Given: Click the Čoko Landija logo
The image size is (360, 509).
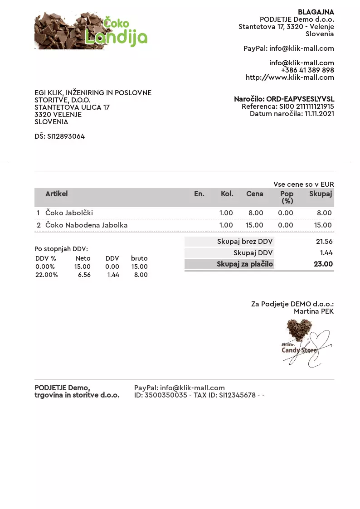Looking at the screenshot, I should tap(91, 30).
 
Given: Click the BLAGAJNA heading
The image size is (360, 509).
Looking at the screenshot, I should tap(316, 12).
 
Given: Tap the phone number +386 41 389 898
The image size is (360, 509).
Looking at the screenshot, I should tap(307, 70).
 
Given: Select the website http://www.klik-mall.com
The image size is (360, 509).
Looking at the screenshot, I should tap(290, 78).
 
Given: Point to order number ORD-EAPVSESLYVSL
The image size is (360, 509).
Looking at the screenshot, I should tap(300, 99).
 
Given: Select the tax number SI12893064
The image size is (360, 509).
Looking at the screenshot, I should tap(66, 136).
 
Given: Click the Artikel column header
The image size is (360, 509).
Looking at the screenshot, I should tap(56, 194).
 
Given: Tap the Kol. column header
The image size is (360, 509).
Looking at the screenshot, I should tap(227, 194).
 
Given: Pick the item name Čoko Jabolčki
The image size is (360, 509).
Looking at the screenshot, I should tap(69, 213).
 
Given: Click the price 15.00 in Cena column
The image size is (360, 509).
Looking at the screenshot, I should tap(254, 225).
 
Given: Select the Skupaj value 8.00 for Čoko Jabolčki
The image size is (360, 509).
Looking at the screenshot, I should tap(324, 213).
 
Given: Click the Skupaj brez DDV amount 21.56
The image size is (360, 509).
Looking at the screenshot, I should tap(324, 242).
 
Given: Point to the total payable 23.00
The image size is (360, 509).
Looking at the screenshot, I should tap(323, 264).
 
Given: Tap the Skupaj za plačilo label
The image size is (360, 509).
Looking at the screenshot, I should tap(245, 264).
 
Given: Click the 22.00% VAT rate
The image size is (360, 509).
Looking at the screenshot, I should tap(46, 275).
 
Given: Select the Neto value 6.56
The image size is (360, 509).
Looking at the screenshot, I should tap(84, 275).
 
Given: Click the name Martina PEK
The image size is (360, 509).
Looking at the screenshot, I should tap(314, 311).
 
